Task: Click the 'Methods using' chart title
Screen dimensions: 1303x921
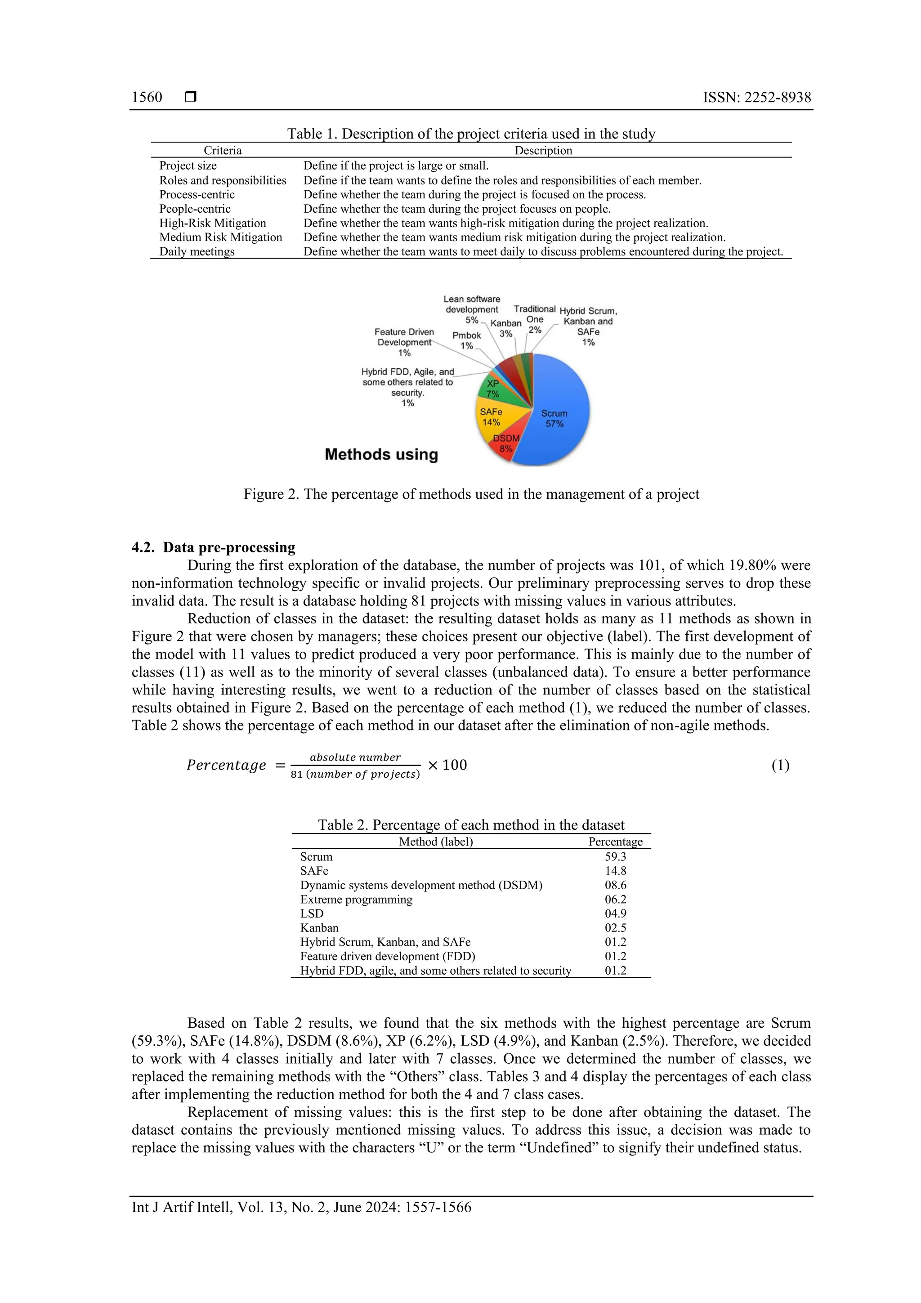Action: tap(381, 455)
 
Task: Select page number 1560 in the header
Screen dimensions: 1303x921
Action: tap(147, 97)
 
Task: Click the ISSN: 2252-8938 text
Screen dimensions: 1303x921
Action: tap(756, 97)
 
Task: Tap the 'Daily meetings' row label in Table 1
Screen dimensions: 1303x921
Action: tap(197, 251)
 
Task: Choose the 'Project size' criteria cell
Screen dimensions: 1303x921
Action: tap(188, 165)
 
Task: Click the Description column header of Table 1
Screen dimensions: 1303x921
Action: tap(543, 150)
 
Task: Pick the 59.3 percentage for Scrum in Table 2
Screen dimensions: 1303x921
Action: tap(615, 856)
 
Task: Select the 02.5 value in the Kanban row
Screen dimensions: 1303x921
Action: tap(615, 928)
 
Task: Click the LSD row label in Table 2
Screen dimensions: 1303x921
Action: tap(312, 913)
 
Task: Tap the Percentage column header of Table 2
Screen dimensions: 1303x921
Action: tap(615, 842)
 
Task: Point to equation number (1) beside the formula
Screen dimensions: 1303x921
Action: tap(780, 765)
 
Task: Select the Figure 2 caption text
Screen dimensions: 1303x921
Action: tap(471, 494)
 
